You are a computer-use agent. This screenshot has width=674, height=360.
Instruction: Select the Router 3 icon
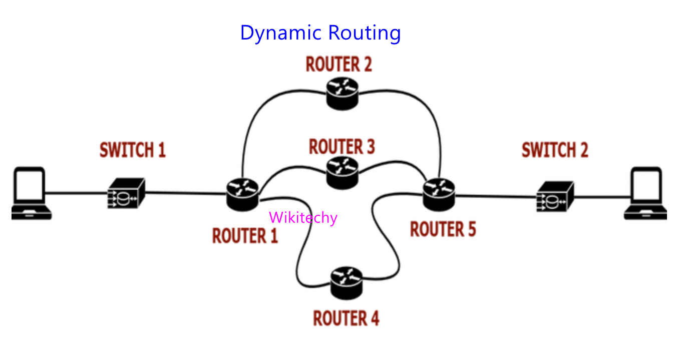point(343,174)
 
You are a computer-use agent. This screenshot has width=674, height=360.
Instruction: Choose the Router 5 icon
point(439,194)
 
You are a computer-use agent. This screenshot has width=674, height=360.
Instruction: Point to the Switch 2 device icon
point(554,196)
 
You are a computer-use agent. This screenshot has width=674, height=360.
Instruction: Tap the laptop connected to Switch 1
point(31,194)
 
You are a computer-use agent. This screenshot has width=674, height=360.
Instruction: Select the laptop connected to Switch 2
point(646,195)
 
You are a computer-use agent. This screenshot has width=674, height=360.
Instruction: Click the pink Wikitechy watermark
point(303,218)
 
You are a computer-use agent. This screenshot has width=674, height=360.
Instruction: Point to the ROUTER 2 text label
point(339,65)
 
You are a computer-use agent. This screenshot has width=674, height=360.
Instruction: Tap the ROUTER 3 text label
point(342,147)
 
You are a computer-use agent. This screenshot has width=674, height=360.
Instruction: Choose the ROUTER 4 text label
point(346,318)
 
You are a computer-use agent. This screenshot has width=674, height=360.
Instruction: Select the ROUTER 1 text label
point(245,235)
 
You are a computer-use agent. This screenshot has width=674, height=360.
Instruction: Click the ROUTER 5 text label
point(443,229)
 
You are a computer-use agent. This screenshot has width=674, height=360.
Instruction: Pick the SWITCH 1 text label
point(133,150)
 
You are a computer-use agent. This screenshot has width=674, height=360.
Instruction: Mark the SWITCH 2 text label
point(555,150)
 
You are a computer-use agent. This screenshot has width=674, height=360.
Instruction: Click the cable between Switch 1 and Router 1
point(185,192)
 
